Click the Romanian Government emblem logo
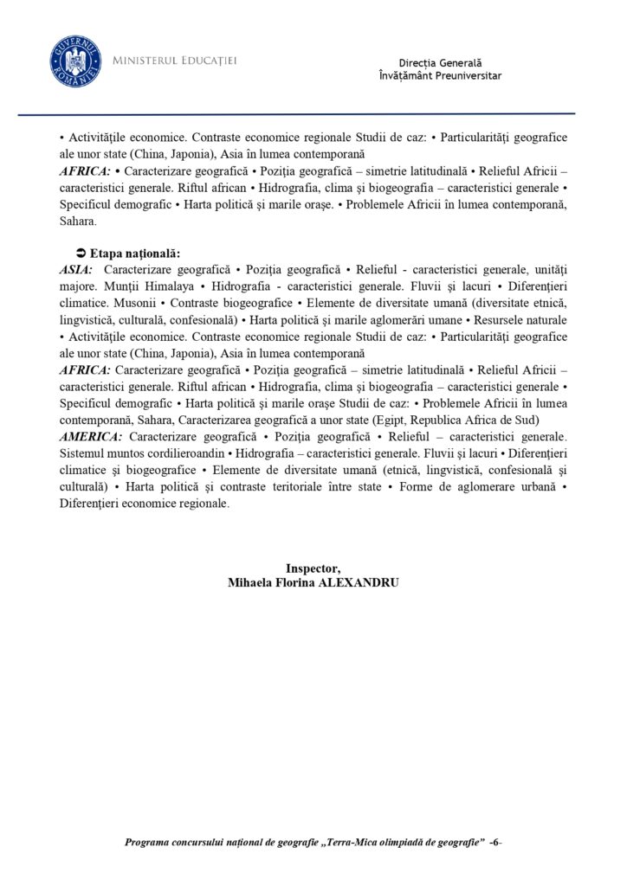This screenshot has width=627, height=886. pyautogui.click(x=74, y=61)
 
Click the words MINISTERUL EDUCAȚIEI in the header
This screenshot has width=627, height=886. pyautogui.click(x=175, y=61)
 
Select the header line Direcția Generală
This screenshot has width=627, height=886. pyautogui.click(x=440, y=63)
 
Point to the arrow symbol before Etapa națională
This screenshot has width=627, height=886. pyautogui.click(x=81, y=254)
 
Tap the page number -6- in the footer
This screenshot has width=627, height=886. pyautogui.click(x=495, y=842)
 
